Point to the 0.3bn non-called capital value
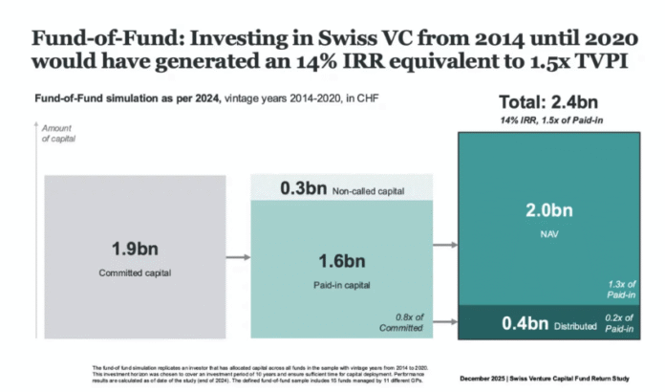303,188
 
